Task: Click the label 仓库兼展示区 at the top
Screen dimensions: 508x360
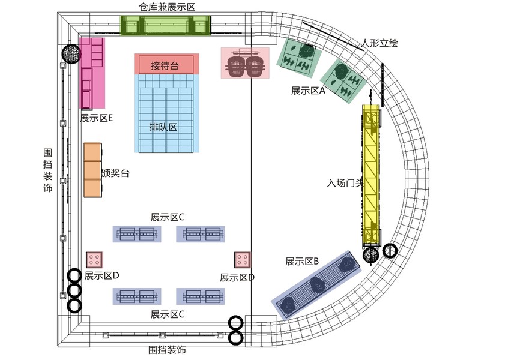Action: tap(167, 7)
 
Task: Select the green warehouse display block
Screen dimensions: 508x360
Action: tap(166, 26)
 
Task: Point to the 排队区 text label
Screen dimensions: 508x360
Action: tap(163, 127)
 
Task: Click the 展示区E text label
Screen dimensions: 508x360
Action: tap(96, 118)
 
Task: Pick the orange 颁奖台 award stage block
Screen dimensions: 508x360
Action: tap(92, 170)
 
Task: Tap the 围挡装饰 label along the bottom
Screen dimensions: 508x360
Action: tap(167, 349)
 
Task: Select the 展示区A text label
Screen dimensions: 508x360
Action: tap(307, 91)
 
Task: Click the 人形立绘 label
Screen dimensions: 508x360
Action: tap(379, 43)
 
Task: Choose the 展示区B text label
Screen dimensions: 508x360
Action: tap(302, 262)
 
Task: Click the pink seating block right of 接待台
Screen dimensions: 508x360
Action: tap(245, 63)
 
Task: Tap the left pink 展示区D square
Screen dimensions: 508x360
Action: tap(94, 260)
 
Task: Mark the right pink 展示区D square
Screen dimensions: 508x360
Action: tap(242, 260)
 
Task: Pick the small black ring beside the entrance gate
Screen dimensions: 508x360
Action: tap(390, 251)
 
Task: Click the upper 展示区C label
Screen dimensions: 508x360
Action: tap(168, 217)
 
